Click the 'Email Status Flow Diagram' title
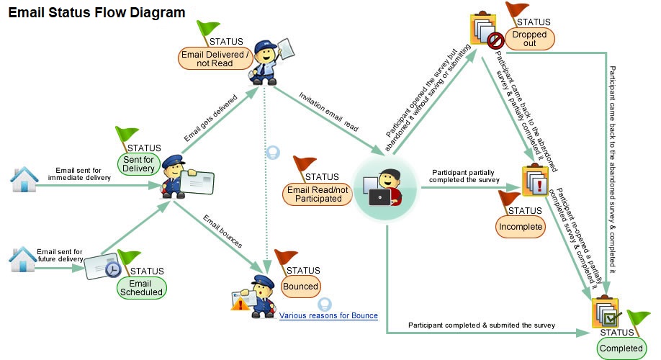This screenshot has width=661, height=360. (96, 12)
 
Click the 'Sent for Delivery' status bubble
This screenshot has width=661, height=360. (138, 163)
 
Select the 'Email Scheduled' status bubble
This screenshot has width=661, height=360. (141, 287)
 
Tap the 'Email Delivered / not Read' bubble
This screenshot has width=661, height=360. (215, 58)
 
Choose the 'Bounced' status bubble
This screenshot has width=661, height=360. (300, 286)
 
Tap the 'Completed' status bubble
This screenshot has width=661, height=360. (621, 348)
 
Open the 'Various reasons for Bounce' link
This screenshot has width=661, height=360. (328, 315)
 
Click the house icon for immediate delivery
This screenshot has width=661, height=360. (24, 180)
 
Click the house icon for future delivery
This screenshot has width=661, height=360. (22, 260)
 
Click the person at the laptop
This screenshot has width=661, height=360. (387, 189)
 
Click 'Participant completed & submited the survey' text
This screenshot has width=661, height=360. (482, 325)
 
